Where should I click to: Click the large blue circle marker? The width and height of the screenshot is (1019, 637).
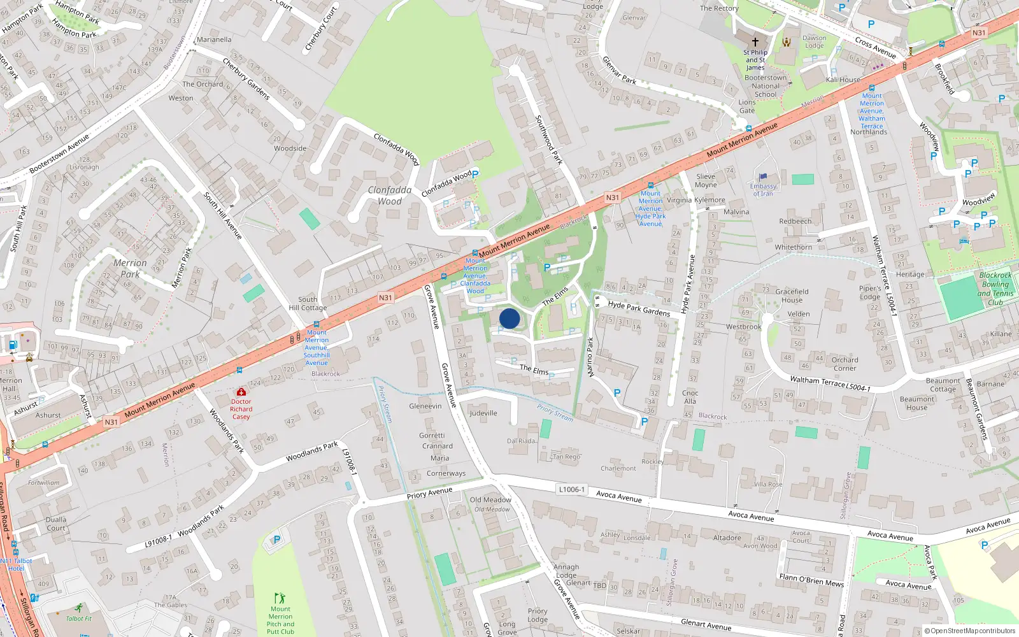click(509, 318)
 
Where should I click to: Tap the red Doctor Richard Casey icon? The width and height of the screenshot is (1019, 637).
click(241, 392)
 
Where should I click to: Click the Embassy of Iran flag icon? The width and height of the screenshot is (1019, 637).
click(764, 177)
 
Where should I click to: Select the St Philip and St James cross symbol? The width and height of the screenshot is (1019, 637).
click(755, 42)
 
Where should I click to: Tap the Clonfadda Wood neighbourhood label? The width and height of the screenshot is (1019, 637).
click(390, 196)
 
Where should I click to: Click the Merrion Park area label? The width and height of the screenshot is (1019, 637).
click(130, 268)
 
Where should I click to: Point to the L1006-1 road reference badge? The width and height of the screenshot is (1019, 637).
click(571, 489)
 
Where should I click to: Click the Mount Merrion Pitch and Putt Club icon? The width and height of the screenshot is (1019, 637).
click(280, 598)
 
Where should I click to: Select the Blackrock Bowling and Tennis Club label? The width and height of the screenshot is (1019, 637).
click(995, 289)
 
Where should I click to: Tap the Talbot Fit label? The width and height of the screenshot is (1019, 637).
click(79, 619)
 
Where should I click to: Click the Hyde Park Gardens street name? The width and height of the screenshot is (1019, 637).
click(639, 308)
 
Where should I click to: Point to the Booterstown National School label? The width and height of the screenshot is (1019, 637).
click(766, 86)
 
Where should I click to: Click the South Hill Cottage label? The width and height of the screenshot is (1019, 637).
click(308, 303)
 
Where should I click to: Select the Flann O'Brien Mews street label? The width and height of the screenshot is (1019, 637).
click(811, 580)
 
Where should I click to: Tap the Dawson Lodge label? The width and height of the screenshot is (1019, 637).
click(814, 41)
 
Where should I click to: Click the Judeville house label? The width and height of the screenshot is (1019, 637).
click(483, 413)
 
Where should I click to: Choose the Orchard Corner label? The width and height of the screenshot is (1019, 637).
click(844, 364)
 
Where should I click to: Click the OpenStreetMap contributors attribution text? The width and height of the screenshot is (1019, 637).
click(970, 631)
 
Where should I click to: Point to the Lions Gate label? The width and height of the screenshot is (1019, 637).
click(747, 106)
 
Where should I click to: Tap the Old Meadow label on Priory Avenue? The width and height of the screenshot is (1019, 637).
click(490, 500)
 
